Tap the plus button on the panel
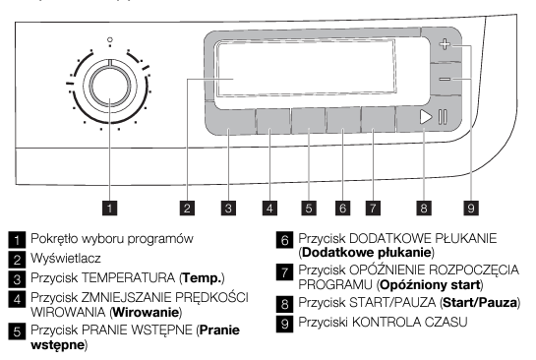pyautogui.click(x=445, y=44)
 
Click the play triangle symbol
pyautogui.click(x=426, y=117)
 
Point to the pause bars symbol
pyautogui.click(x=443, y=117)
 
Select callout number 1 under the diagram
pyautogui.click(x=110, y=208)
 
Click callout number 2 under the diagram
pyautogui.click(x=187, y=208)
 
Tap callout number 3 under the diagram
pyautogui.click(x=228, y=208)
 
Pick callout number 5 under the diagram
pyautogui.click(x=309, y=208)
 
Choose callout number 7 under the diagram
pyautogui.click(x=373, y=208)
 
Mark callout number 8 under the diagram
pyautogui.click(x=424, y=208)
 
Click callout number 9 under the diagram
pyautogui.click(x=471, y=208)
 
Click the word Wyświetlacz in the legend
pyautogui.click(x=66, y=258)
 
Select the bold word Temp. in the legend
pyautogui.click(x=202, y=278)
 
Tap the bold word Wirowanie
pyautogui.click(x=146, y=312)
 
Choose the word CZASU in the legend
pyautogui.click(x=446, y=322)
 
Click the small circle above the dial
pyautogui.click(x=110, y=40)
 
